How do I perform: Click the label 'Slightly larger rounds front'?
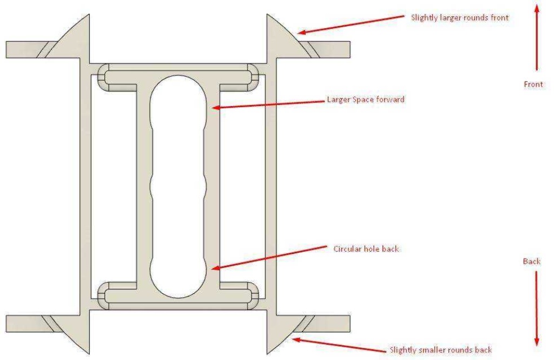(x=460, y=18)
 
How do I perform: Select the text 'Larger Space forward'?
(x=366, y=100)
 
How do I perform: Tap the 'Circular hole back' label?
(x=366, y=249)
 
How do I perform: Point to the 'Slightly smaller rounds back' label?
(x=440, y=350)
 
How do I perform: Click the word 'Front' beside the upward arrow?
(x=533, y=84)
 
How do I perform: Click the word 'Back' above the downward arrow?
(x=532, y=261)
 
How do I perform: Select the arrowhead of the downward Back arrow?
(x=537, y=341)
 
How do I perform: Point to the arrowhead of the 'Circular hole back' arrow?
(x=215, y=268)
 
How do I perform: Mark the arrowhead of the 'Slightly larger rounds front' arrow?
(x=301, y=32)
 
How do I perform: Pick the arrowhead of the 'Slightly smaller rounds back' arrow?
(x=296, y=340)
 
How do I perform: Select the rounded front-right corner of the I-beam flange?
(x=253, y=77)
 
